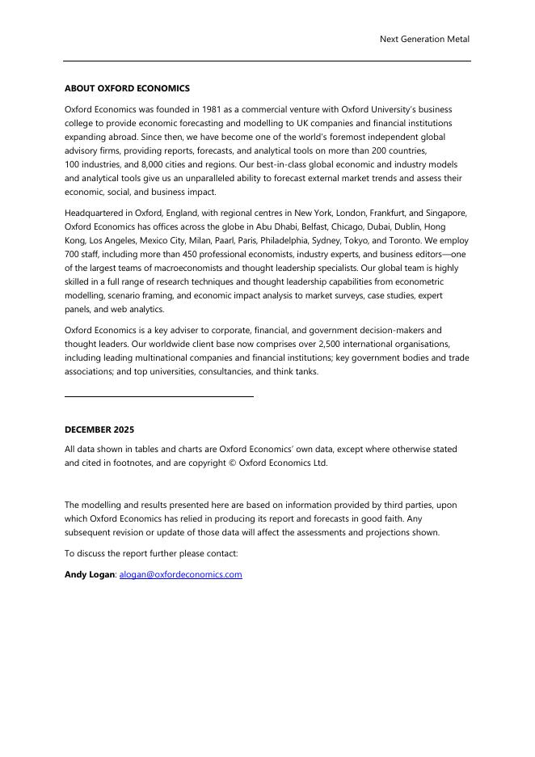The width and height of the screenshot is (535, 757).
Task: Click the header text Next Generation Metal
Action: pyautogui.click(x=424, y=39)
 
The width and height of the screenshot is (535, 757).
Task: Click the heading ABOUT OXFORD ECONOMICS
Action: pyautogui.click(x=127, y=88)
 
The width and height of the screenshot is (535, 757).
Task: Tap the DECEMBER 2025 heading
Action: pyautogui.click(x=99, y=429)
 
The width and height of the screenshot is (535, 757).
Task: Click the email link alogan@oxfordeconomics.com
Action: pyautogui.click(x=181, y=575)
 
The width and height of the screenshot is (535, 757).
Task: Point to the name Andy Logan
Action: pyautogui.click(x=91, y=575)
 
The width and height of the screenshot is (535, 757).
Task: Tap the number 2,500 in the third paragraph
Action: pyautogui.click(x=315, y=345)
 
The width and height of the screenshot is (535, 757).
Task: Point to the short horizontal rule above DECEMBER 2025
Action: pyautogui.click(x=158, y=396)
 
